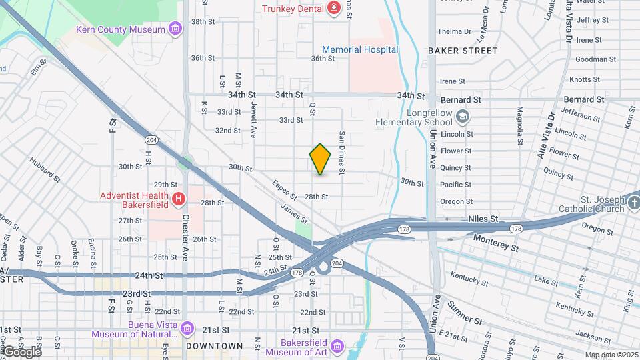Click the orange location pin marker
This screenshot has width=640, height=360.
pos(321,159)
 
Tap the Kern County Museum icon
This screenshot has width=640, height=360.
pos(175,29)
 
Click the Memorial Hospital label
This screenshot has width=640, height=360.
pos(360,50)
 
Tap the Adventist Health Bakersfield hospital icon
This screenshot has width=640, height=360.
pos(178,199)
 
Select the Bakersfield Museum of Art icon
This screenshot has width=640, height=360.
pos(337,347)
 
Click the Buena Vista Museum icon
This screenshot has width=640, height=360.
pos(187,329)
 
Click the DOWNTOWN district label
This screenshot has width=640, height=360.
pos(215,346)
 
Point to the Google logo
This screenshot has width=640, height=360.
pos(21,351)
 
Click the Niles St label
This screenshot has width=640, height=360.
pos(483,219)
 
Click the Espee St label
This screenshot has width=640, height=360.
pos(285,190)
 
